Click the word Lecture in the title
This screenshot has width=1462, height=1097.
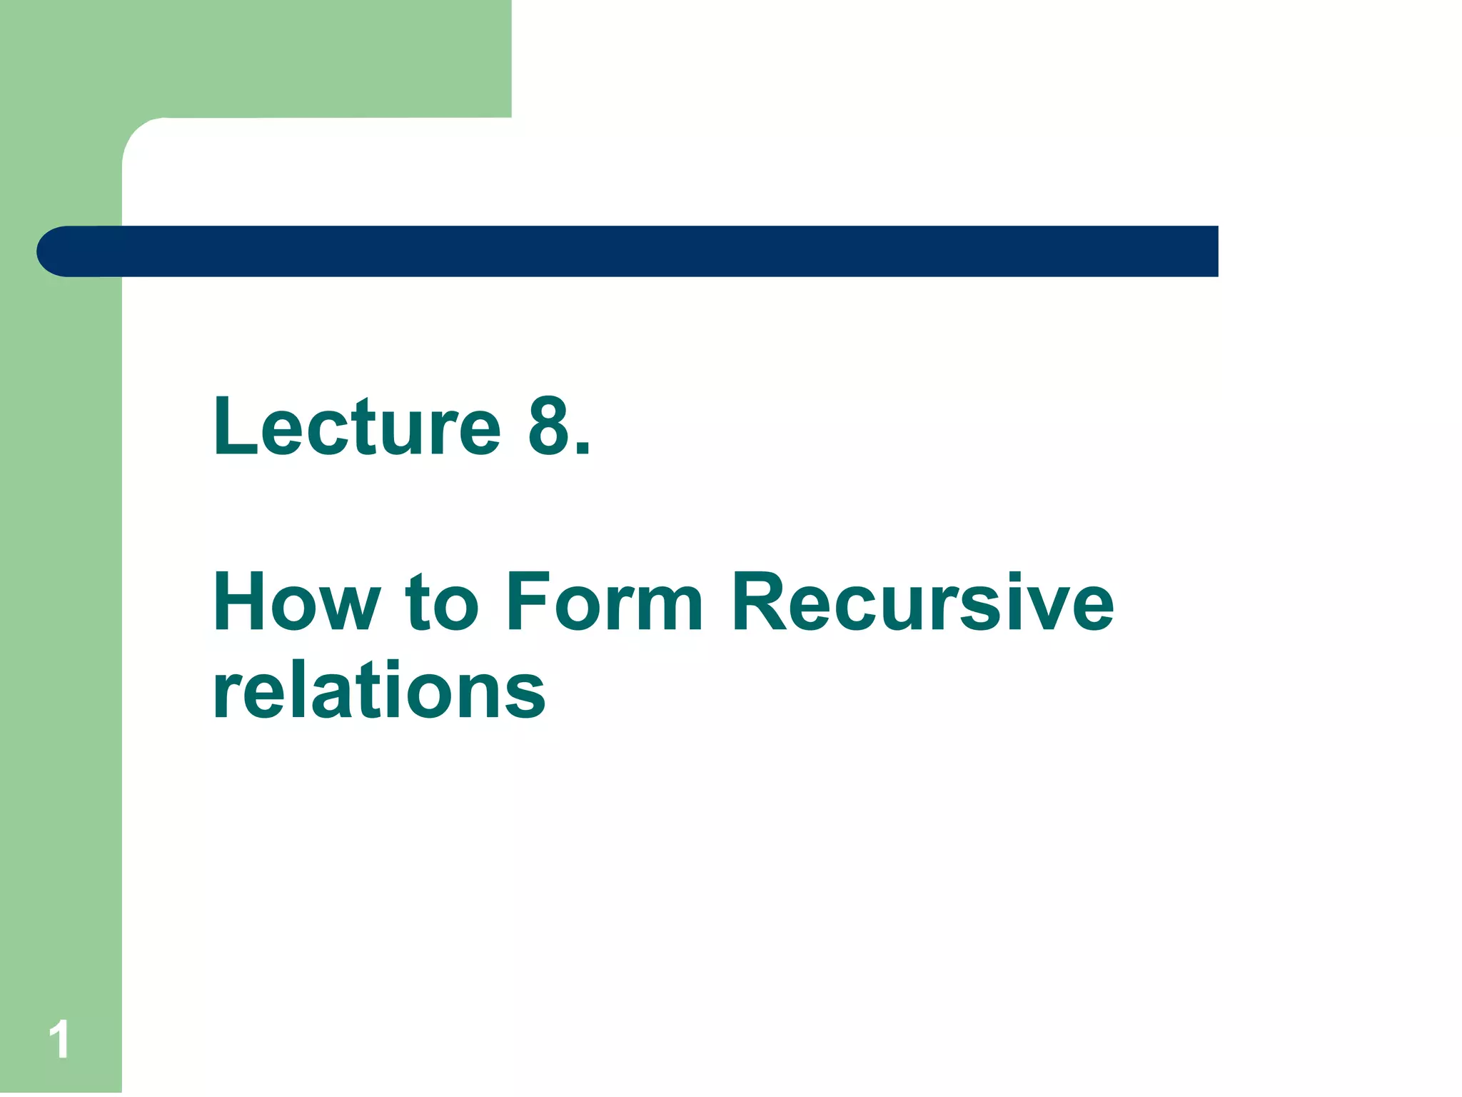357,427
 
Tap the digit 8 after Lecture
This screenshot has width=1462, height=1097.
550,427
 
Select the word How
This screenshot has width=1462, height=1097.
296,602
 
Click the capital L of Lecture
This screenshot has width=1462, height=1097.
233,427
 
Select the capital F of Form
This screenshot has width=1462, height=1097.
528,602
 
